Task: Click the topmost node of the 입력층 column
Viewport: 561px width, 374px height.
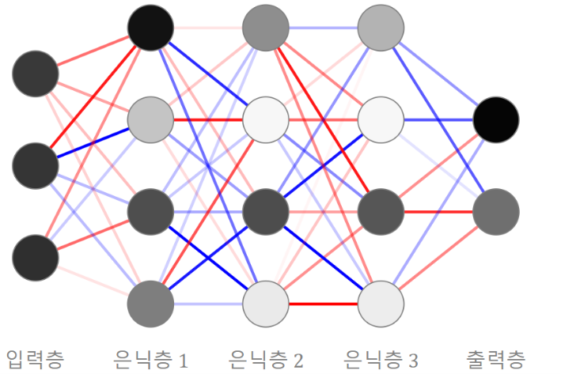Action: coord(36,74)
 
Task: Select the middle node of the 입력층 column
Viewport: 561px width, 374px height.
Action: coord(36,166)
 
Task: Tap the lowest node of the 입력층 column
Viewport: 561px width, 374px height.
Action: coord(36,258)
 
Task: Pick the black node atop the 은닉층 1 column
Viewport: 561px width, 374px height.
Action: coord(150,28)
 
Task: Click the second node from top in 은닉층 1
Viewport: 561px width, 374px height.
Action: coord(150,119)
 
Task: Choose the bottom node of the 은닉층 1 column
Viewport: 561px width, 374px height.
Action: coord(150,304)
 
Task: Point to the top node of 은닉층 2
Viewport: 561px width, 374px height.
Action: coord(266,28)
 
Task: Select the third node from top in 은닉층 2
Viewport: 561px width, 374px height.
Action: coord(266,212)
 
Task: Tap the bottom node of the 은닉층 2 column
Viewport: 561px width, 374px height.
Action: coord(266,304)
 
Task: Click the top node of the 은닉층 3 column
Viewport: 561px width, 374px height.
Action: coord(381,28)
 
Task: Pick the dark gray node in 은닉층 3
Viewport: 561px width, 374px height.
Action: coord(381,212)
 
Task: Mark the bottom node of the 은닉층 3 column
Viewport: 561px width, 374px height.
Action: coord(381,304)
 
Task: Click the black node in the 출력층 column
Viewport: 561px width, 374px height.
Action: coord(496,119)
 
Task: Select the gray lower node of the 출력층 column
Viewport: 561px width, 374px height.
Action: coord(496,212)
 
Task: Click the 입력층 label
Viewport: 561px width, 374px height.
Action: coord(36,359)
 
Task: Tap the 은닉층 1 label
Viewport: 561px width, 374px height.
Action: coord(150,360)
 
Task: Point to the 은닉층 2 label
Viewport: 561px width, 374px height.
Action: coord(266,360)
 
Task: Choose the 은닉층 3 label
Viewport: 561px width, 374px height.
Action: coord(381,360)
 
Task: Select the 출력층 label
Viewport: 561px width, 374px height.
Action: coord(496,359)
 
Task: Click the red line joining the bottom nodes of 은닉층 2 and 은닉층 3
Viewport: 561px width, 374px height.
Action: coord(324,304)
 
